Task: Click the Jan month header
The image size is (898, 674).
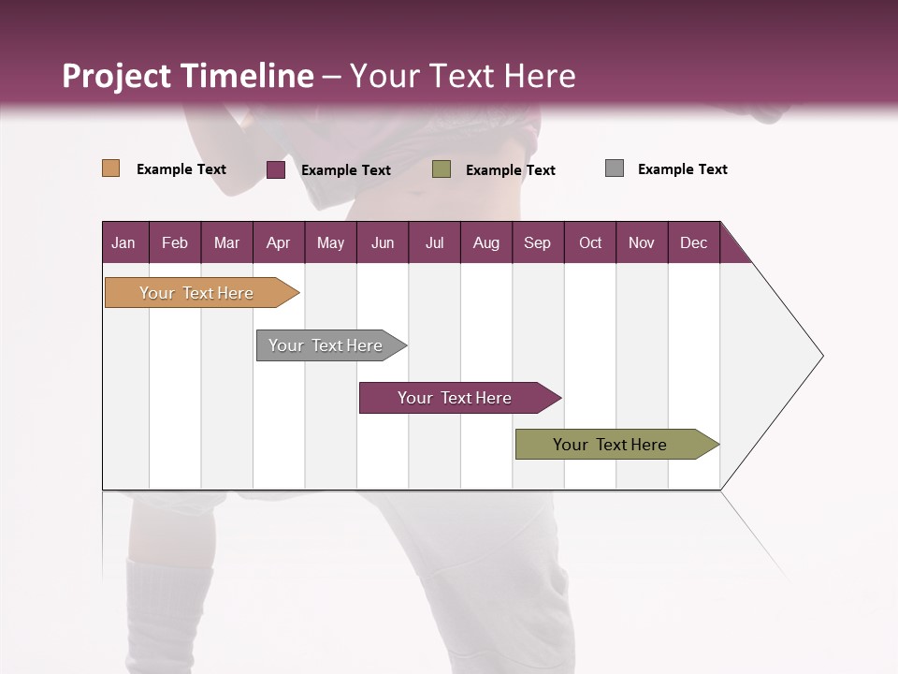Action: point(124,242)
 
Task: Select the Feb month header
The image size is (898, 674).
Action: point(175,242)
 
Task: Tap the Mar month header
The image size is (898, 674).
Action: point(226,242)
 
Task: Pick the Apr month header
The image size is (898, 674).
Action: point(279,242)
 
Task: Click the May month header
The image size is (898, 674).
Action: point(330,242)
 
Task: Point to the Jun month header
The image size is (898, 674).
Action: point(383,242)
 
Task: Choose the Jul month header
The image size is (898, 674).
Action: point(434,242)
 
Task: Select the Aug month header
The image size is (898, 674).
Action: point(486,242)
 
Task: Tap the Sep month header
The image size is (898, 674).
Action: point(538,242)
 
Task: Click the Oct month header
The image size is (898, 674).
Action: point(590,242)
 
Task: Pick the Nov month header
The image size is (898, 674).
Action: point(642,242)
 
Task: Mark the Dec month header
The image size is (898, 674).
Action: point(694,242)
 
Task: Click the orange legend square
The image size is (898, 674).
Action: point(111,168)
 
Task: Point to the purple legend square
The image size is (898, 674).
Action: point(276,169)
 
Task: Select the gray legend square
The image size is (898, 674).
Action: point(615,168)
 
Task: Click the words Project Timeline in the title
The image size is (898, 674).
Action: point(188,76)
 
